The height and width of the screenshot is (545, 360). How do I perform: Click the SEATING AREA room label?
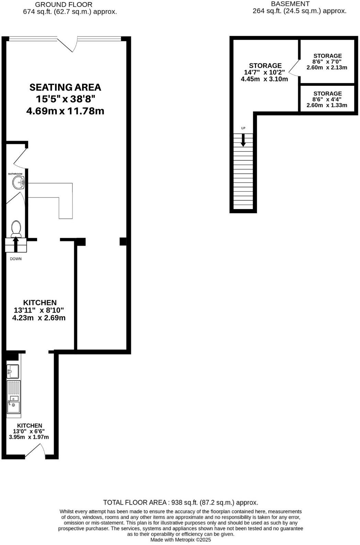[65, 87]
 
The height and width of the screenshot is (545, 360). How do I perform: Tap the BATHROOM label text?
[15, 174]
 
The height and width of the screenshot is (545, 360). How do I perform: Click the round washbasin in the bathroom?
[18, 183]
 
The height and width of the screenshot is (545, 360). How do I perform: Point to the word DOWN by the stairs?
[15, 259]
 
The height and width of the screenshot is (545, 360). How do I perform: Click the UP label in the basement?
[243, 128]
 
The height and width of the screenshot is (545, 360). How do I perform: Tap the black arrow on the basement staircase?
[243, 140]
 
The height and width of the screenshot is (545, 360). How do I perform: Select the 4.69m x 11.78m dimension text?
[65, 111]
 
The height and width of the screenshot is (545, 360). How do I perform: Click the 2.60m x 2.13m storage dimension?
[327, 68]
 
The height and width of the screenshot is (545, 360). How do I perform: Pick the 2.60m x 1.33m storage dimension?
[327, 105]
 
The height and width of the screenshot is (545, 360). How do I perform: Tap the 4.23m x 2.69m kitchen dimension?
[39, 318]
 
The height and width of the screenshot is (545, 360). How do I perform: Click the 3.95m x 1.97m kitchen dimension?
[29, 437]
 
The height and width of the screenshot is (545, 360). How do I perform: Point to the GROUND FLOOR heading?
[64, 5]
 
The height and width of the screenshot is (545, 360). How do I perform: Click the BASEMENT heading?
[290, 4]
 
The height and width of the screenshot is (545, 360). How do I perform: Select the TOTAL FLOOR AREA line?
[181, 502]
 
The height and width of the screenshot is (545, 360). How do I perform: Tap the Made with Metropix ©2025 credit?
[181, 540]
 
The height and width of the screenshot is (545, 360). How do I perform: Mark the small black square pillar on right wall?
[123, 241]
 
